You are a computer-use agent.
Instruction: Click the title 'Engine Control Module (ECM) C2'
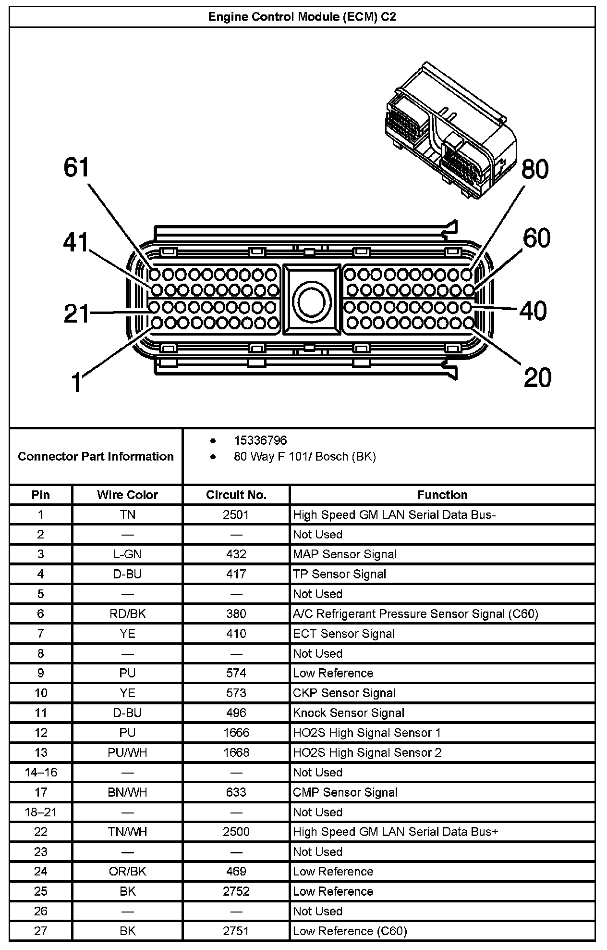point(302,17)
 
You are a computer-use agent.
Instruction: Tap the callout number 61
point(77,168)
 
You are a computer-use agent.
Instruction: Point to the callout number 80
point(534,169)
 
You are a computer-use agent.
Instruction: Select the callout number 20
point(537,377)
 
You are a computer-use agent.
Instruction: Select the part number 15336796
point(260,440)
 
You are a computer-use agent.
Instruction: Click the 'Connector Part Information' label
point(96,456)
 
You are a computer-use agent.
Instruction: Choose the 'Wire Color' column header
point(127,495)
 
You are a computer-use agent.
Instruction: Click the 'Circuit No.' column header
point(236,495)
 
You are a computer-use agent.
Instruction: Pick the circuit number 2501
point(236,515)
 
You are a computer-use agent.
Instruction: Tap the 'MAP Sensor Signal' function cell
point(345,554)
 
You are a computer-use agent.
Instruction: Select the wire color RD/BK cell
point(127,614)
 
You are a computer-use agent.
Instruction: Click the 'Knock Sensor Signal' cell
point(349,713)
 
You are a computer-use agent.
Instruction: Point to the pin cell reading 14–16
point(41,772)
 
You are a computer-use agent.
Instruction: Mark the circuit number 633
point(236,792)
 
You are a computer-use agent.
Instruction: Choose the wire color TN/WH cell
point(127,832)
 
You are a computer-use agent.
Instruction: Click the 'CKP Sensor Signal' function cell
point(344,693)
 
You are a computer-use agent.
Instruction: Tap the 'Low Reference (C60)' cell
point(350,931)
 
